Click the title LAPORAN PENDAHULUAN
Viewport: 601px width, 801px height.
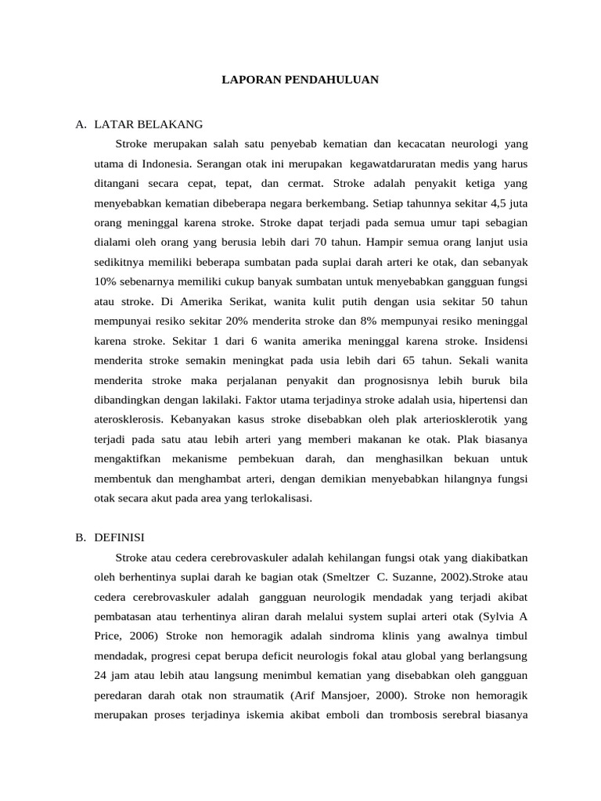[x=300, y=80]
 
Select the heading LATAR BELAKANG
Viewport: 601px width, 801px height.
[x=148, y=124]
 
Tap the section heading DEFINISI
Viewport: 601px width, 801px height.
[x=119, y=537]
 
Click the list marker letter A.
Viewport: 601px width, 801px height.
[x=80, y=124]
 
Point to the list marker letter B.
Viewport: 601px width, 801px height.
[x=80, y=537]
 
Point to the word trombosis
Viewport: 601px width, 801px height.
[x=400, y=714]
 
